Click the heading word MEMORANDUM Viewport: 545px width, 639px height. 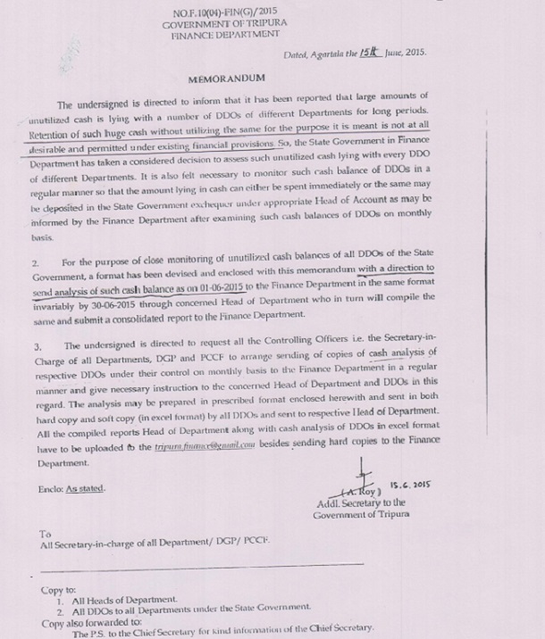click(x=224, y=79)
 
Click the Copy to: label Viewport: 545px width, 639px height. click(x=59, y=590)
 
